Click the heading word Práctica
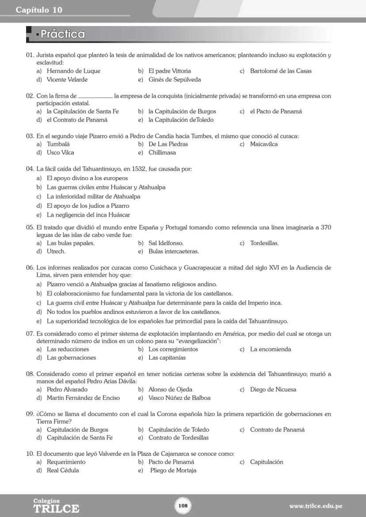point(62,34)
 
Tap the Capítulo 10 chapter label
point(39,10)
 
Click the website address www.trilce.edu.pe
point(316,506)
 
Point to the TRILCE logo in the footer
point(56,508)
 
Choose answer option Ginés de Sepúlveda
point(175,80)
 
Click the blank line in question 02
point(95,96)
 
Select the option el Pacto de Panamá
point(276,112)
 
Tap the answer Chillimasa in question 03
point(162,153)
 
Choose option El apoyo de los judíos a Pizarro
point(88,206)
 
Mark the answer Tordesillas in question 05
point(264,243)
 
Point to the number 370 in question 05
point(325,227)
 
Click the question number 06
point(30,268)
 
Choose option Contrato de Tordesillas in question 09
point(178,438)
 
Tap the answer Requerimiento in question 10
point(66,462)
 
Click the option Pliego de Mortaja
point(173,471)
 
